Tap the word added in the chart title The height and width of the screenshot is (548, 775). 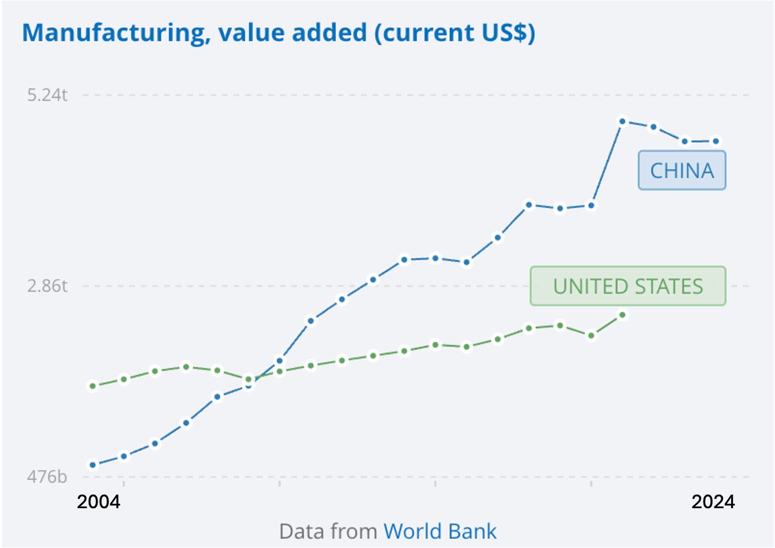click(329, 32)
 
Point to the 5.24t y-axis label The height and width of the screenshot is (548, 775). click(47, 95)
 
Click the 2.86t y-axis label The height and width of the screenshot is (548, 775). click(47, 286)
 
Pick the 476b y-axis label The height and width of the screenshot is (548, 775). click(47, 476)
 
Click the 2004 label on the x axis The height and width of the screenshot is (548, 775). click(99, 502)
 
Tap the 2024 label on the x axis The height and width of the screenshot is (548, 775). click(713, 502)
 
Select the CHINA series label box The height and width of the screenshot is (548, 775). click(682, 170)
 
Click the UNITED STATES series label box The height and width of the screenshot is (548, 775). click(628, 286)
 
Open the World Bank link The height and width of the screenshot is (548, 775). click(440, 531)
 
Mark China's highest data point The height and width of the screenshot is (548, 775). click(622, 121)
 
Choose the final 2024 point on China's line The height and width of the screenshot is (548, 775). click(716, 141)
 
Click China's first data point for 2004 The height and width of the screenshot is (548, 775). click(93, 465)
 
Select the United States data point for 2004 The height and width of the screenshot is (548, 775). click(93, 386)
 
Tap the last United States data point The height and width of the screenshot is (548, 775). click(622, 315)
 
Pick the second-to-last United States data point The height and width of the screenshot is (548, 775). click(591, 336)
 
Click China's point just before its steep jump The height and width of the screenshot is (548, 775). click(591, 205)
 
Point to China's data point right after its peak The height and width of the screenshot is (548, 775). click(653, 127)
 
